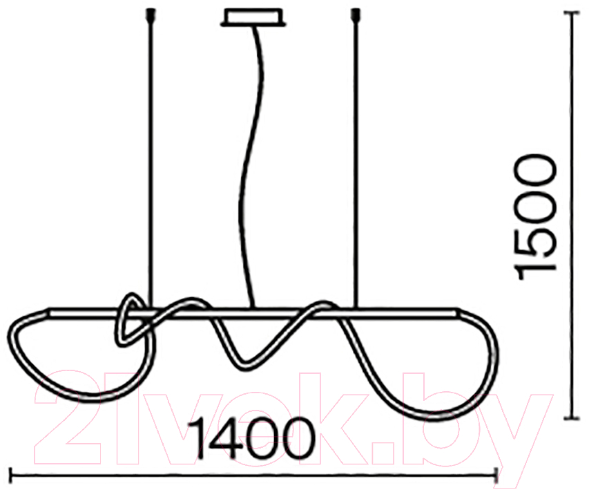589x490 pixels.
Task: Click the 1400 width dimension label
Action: [x=251, y=438]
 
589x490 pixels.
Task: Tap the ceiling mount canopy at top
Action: [x=253, y=17]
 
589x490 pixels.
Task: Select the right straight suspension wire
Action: [x=355, y=162]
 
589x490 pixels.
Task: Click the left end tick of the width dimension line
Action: [x=10, y=475]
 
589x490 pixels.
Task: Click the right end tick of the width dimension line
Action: [x=497, y=475]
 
